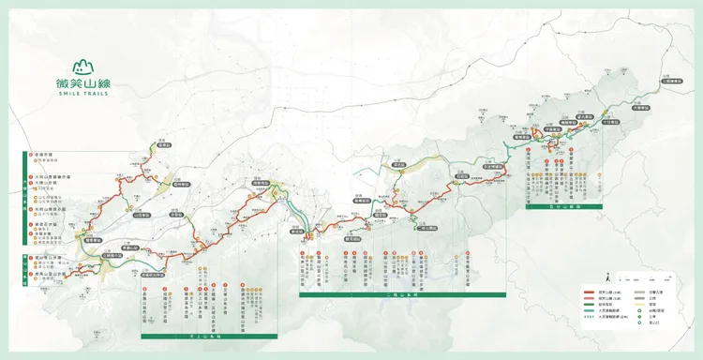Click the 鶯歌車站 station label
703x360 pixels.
[93, 242]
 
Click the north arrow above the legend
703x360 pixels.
[608, 277]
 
